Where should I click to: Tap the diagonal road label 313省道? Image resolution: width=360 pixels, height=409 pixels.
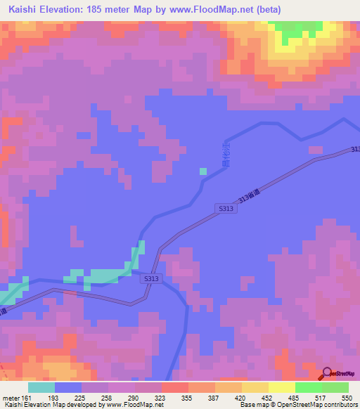click(x=250, y=194)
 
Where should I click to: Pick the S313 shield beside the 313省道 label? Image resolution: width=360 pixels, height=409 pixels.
click(x=226, y=209)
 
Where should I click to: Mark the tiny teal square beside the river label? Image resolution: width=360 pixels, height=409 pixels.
click(x=203, y=171)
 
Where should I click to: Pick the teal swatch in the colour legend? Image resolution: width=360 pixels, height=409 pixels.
click(x=41, y=387)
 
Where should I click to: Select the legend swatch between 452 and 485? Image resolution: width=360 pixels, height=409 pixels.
click(x=281, y=387)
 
